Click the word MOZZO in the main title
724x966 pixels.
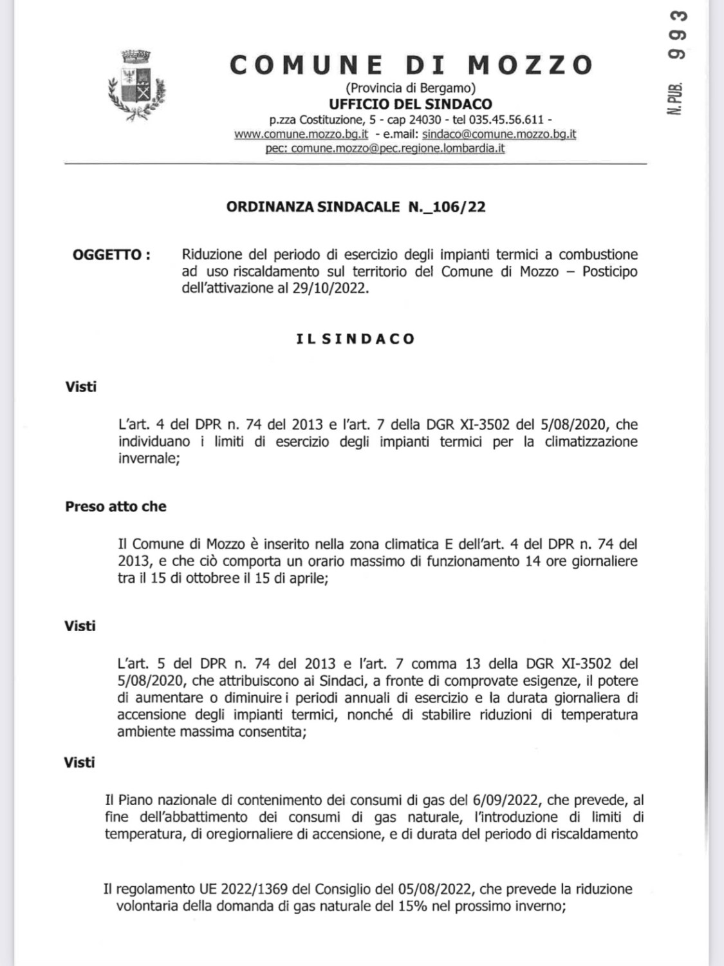click(x=530, y=65)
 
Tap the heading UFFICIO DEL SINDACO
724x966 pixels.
click(x=411, y=104)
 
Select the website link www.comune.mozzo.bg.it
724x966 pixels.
click(x=301, y=134)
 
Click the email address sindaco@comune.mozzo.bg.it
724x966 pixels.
click(x=499, y=134)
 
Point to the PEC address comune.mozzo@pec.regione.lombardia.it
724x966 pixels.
click(x=398, y=148)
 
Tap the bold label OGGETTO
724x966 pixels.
click(x=111, y=254)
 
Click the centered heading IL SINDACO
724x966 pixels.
click(x=356, y=339)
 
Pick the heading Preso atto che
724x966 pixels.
click(x=116, y=506)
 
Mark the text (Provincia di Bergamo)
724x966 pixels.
click(x=411, y=88)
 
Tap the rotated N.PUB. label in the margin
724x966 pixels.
click(x=676, y=99)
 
